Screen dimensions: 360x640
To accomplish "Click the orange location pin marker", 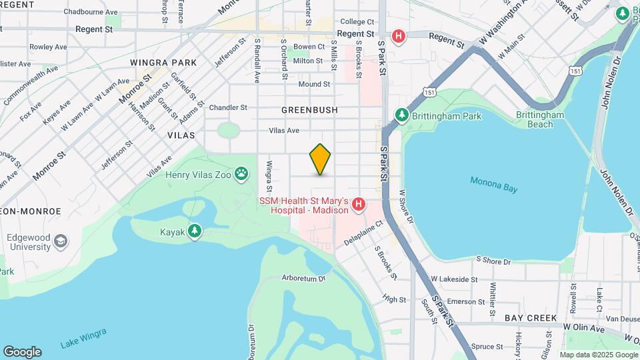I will pos(321,159).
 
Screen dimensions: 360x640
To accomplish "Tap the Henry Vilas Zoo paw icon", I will pos(241,175).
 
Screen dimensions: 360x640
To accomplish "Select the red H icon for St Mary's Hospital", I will pos(359,204).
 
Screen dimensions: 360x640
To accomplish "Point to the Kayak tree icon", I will pos(194,231).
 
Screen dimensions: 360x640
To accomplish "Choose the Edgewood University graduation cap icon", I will pos(61,241).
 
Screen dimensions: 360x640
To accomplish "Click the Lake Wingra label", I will pos(83,339).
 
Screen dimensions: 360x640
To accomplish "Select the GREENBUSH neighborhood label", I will pos(309,109).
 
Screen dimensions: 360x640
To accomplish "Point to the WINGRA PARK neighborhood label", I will pos(163,63).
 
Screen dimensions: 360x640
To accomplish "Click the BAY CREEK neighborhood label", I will pos(530,318).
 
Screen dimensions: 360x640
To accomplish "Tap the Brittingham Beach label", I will pos(540,119).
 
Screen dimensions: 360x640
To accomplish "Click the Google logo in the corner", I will pos(22,352).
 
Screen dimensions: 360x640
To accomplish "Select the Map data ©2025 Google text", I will pos(599,355).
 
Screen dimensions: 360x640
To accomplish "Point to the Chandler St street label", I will pos(228,107).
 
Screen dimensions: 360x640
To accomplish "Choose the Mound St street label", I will pos(314,84).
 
